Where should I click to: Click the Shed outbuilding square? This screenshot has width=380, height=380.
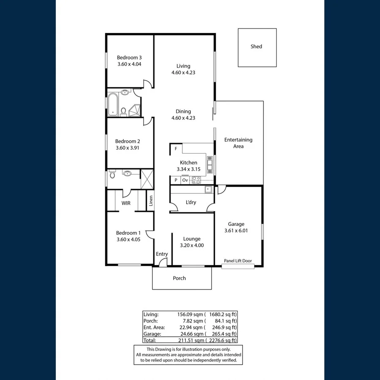pos(257,47)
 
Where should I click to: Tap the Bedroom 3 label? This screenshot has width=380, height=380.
pos(129,58)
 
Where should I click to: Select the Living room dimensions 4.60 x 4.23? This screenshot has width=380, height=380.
pos(183,73)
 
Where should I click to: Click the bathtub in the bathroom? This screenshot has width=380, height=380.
pos(113,104)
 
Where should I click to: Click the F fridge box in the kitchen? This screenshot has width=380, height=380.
pos(176,149)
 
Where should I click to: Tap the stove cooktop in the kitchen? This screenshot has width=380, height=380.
pos(196,180)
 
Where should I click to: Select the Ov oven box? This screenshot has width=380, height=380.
pos(185,180)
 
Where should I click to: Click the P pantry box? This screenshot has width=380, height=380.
pos(176,180)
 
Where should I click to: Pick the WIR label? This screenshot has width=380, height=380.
pos(126,203)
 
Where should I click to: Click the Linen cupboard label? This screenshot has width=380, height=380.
pos(150,201)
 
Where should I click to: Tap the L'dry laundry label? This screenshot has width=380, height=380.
pos(191,202)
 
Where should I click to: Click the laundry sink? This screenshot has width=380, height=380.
pos(208,190)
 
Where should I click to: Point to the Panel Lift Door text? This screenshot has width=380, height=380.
pos(238,261)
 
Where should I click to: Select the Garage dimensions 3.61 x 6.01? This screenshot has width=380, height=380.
pos(236,231)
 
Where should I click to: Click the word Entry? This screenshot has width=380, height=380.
pos(162,254)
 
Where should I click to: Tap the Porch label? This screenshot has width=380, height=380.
pos(179,278)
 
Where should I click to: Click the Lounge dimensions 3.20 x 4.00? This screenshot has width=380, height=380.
pos(192,245)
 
